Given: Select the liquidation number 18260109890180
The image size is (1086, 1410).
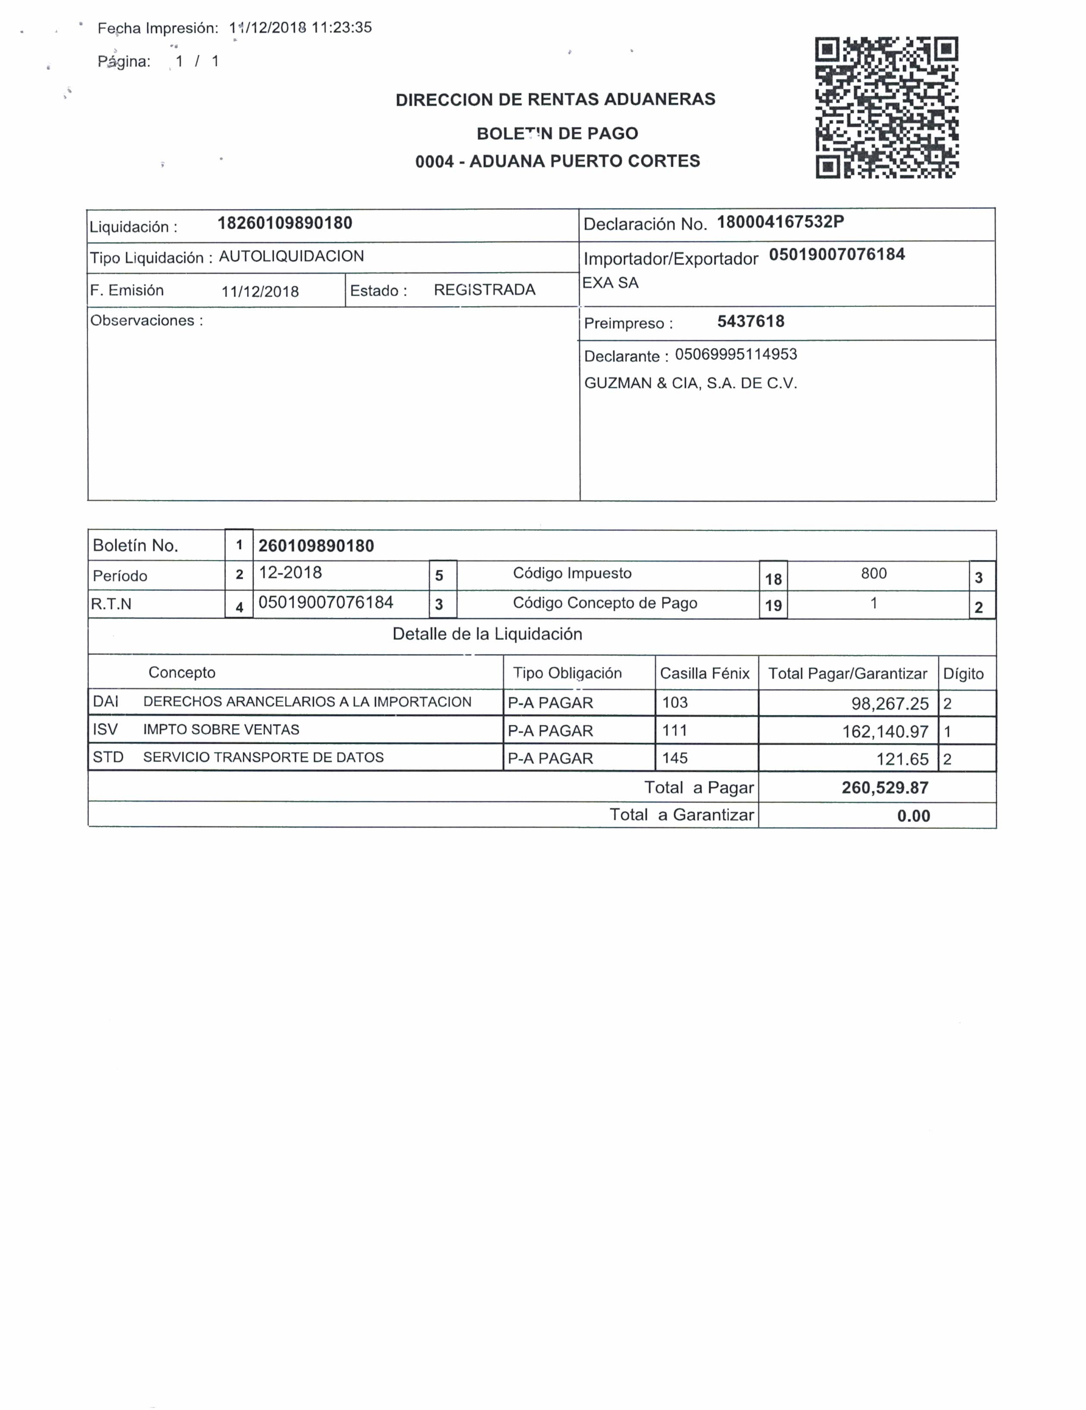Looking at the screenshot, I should (285, 223).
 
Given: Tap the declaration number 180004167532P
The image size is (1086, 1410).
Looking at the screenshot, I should (780, 222).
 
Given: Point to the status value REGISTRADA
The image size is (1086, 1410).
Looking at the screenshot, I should (484, 290).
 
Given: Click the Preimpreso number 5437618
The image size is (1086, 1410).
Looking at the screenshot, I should (750, 322).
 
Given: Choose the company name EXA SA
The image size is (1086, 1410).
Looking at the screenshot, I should (610, 283).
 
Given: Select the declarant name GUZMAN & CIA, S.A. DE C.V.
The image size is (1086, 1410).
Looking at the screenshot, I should (690, 383).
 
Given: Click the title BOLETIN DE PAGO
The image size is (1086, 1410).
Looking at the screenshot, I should (557, 134).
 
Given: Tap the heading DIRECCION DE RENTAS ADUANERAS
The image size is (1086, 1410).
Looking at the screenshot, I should (555, 99).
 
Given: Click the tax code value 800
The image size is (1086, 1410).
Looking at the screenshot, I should (873, 573).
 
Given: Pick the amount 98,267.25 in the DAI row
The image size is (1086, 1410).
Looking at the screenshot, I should (889, 704).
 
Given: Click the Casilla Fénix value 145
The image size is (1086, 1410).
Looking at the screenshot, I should (675, 758).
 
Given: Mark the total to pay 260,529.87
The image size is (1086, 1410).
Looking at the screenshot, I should (884, 787).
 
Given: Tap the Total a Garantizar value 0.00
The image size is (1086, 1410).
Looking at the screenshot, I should (913, 816).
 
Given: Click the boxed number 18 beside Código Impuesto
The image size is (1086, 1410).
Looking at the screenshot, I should (773, 579).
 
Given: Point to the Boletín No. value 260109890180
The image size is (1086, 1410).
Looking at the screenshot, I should (316, 546).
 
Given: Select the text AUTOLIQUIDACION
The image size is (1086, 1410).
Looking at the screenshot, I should (291, 256).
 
